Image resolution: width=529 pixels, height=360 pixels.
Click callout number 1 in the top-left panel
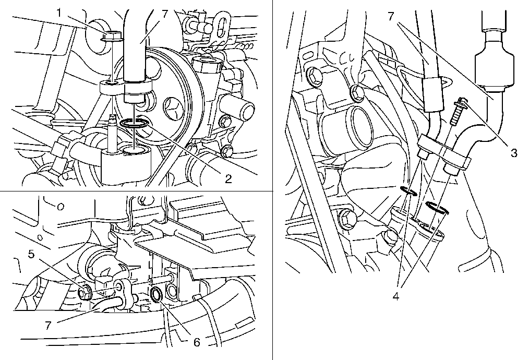coord(59,14)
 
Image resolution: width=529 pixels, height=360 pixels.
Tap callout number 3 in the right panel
coord(514,152)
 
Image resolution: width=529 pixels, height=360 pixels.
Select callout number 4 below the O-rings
coord(396,296)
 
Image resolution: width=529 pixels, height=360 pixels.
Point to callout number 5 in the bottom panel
coord(31,254)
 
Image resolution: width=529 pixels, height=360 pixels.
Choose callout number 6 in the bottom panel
coord(197,342)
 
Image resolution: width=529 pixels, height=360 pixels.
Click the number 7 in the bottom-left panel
coord(48,326)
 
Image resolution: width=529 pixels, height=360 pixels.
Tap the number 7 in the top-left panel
coord(165,14)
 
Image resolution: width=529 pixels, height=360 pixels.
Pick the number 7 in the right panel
coord(391,16)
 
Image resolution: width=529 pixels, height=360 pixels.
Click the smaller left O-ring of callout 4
coord(408,190)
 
